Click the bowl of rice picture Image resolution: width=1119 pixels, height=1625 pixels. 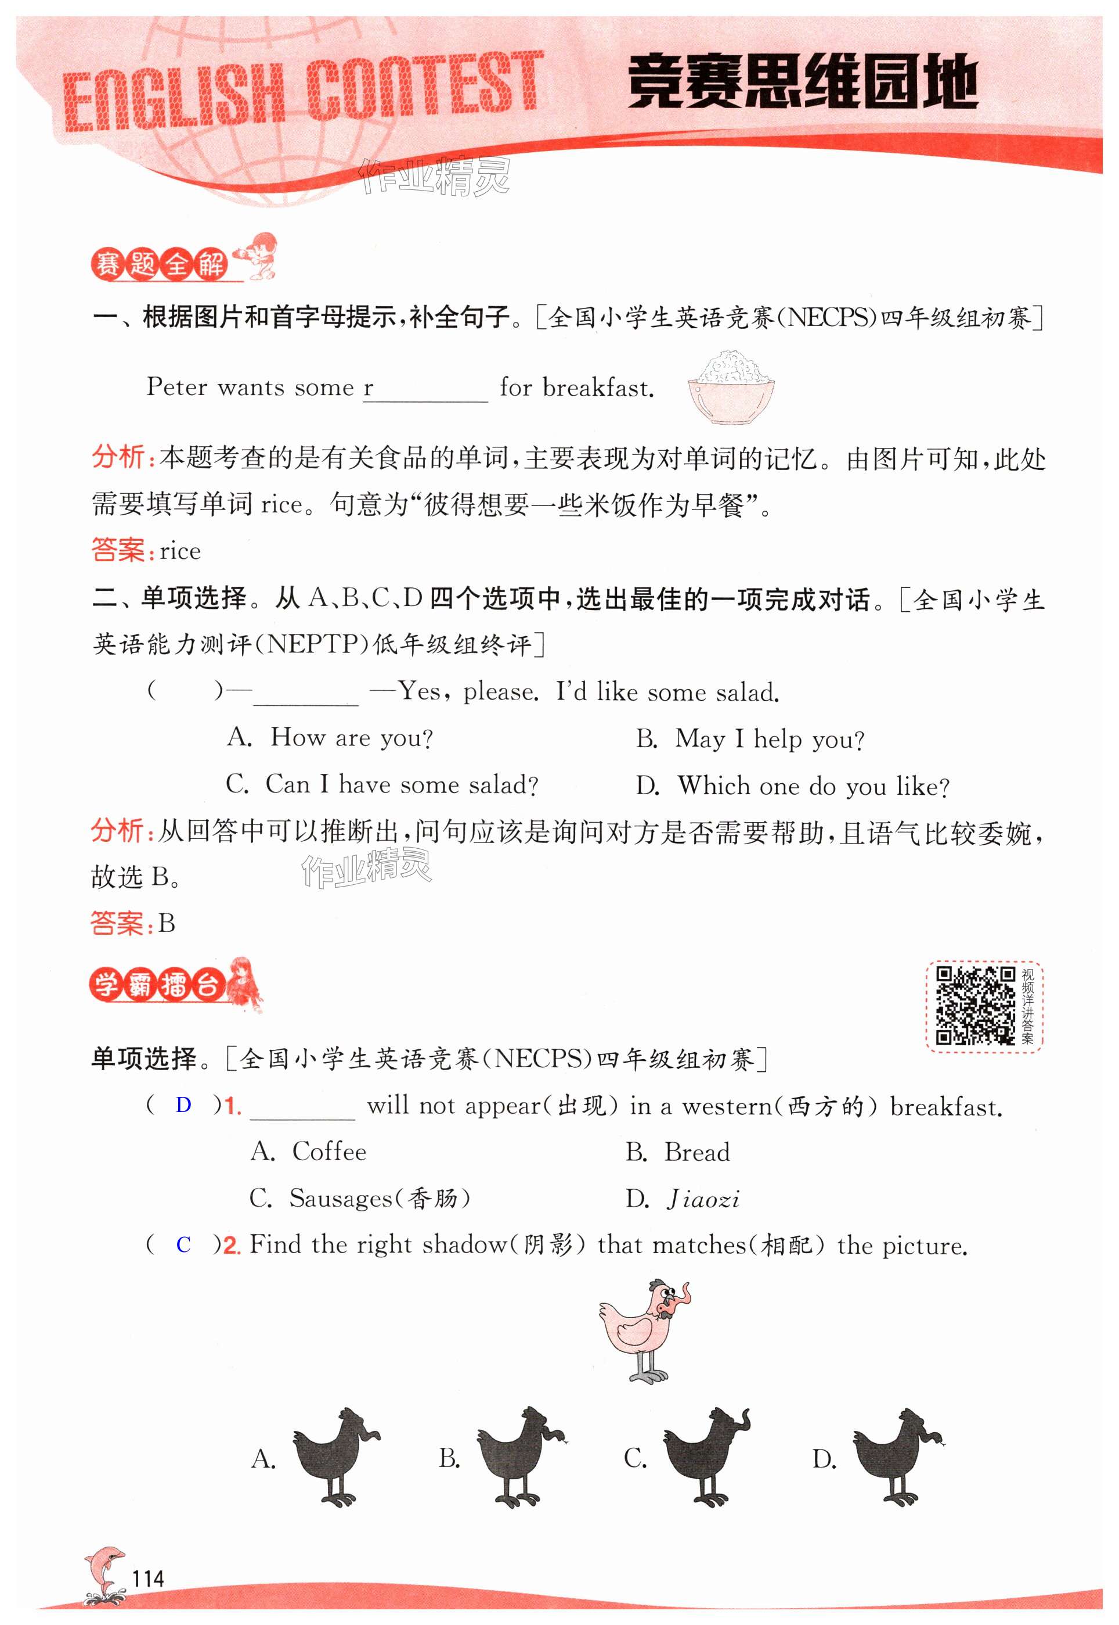[x=731, y=386]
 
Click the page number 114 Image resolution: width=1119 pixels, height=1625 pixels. [x=148, y=1579]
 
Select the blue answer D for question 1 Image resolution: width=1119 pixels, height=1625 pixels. [x=184, y=1105]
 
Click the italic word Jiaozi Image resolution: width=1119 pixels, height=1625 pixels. [x=703, y=1199]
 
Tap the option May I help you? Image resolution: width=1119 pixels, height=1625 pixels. [x=769, y=739]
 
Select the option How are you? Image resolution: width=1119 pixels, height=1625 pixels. [x=351, y=737]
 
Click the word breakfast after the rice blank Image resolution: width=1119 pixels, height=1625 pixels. [x=598, y=388]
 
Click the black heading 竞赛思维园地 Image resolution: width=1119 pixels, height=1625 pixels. [x=802, y=83]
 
